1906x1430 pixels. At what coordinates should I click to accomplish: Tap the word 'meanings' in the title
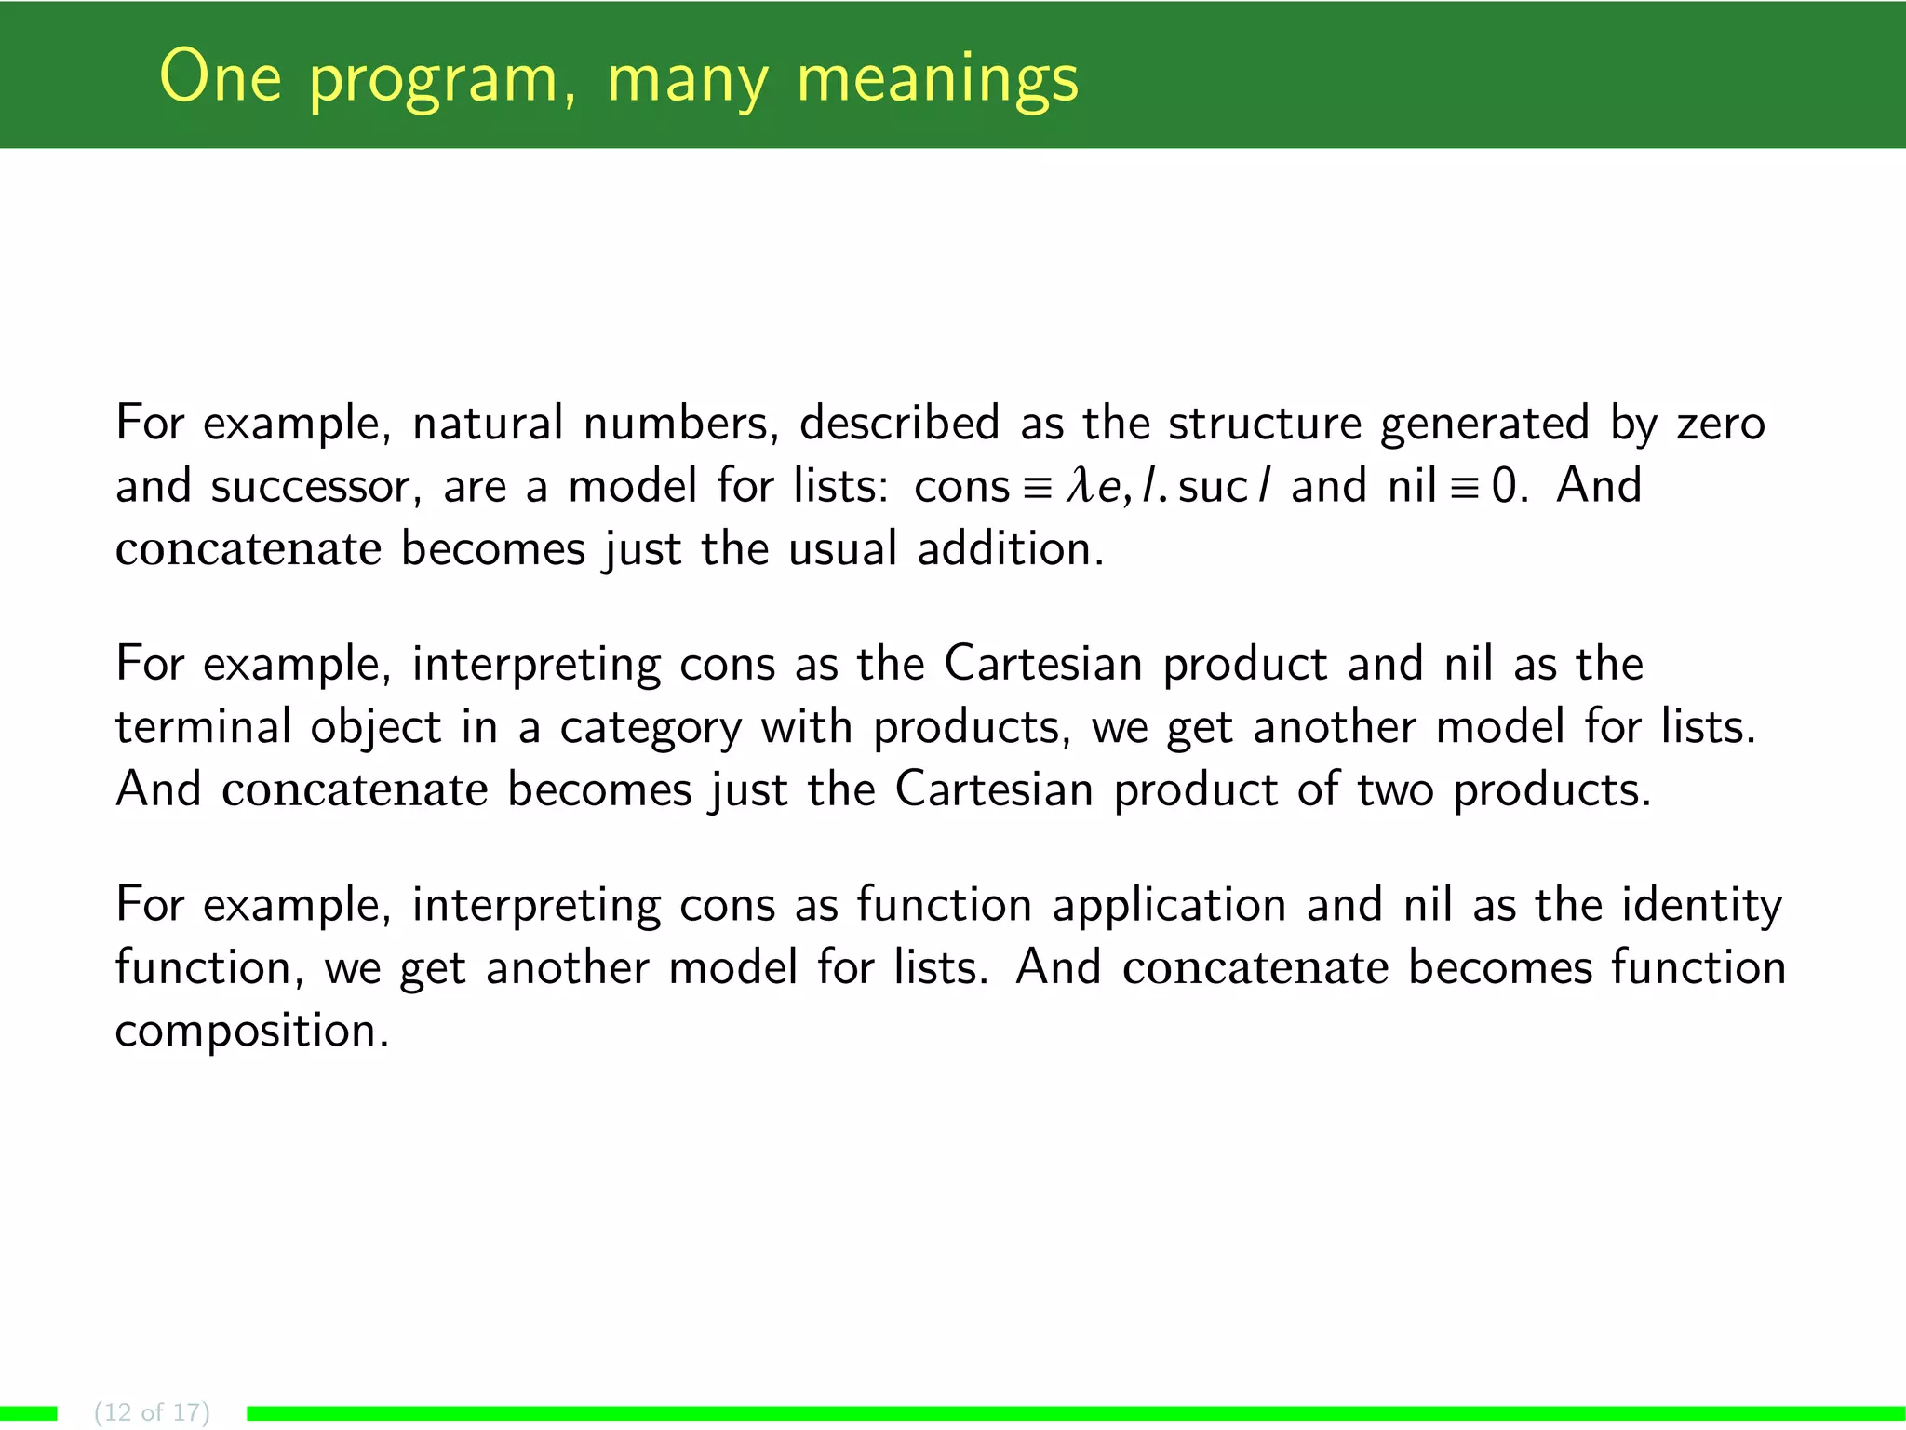pos(937,79)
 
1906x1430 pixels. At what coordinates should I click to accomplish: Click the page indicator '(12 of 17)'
pos(152,1412)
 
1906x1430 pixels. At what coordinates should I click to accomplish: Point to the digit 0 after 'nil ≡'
pos(1504,486)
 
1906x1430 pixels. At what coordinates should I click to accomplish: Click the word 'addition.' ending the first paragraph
pos(1011,548)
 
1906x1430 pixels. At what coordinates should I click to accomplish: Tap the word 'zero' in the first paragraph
pos(1721,425)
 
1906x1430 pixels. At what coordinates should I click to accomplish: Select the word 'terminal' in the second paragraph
pos(203,727)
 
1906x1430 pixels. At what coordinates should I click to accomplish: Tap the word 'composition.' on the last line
pos(251,1032)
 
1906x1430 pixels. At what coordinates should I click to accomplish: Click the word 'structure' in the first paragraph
pos(1265,424)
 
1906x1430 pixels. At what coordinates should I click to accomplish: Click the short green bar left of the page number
pos(28,1413)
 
